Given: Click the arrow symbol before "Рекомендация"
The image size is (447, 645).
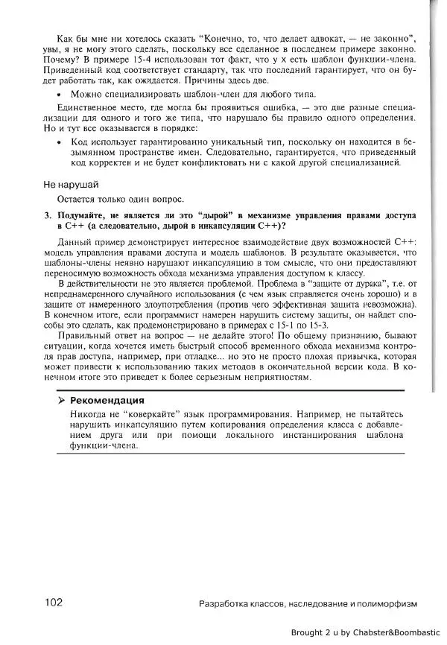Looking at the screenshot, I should [x=62, y=401].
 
